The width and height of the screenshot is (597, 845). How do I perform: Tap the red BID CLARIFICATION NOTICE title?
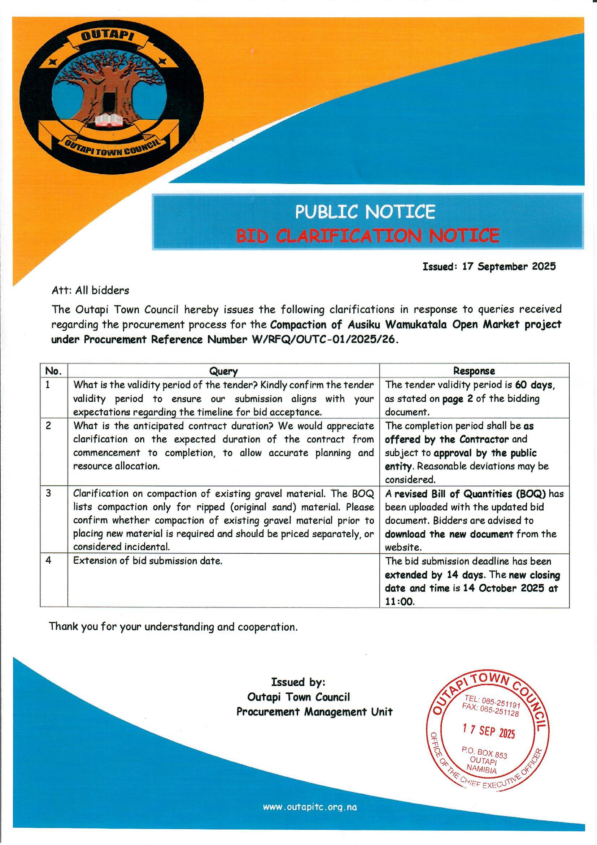click(x=367, y=236)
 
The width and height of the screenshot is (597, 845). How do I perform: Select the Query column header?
click(x=223, y=371)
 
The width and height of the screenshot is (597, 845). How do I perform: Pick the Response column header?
click(x=474, y=370)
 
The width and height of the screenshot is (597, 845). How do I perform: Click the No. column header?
click(x=53, y=371)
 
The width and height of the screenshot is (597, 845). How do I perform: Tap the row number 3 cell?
click(x=48, y=493)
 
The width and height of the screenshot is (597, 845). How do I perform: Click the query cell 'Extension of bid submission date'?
click(x=148, y=561)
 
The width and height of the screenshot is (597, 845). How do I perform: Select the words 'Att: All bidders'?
click(x=91, y=291)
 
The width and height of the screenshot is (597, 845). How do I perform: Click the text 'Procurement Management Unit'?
click(x=314, y=712)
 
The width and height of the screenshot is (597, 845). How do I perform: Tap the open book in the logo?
click(x=108, y=120)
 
